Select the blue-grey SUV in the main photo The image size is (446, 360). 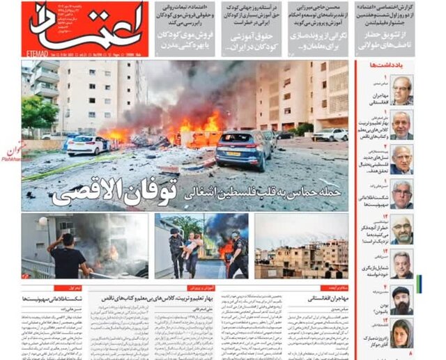[243, 148]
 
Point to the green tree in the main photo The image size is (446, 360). [38, 111]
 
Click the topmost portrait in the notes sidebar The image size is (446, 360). [401, 90]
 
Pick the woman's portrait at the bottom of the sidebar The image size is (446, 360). [401, 333]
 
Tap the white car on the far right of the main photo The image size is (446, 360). [328, 134]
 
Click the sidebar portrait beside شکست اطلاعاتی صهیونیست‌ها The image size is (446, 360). [401, 194]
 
